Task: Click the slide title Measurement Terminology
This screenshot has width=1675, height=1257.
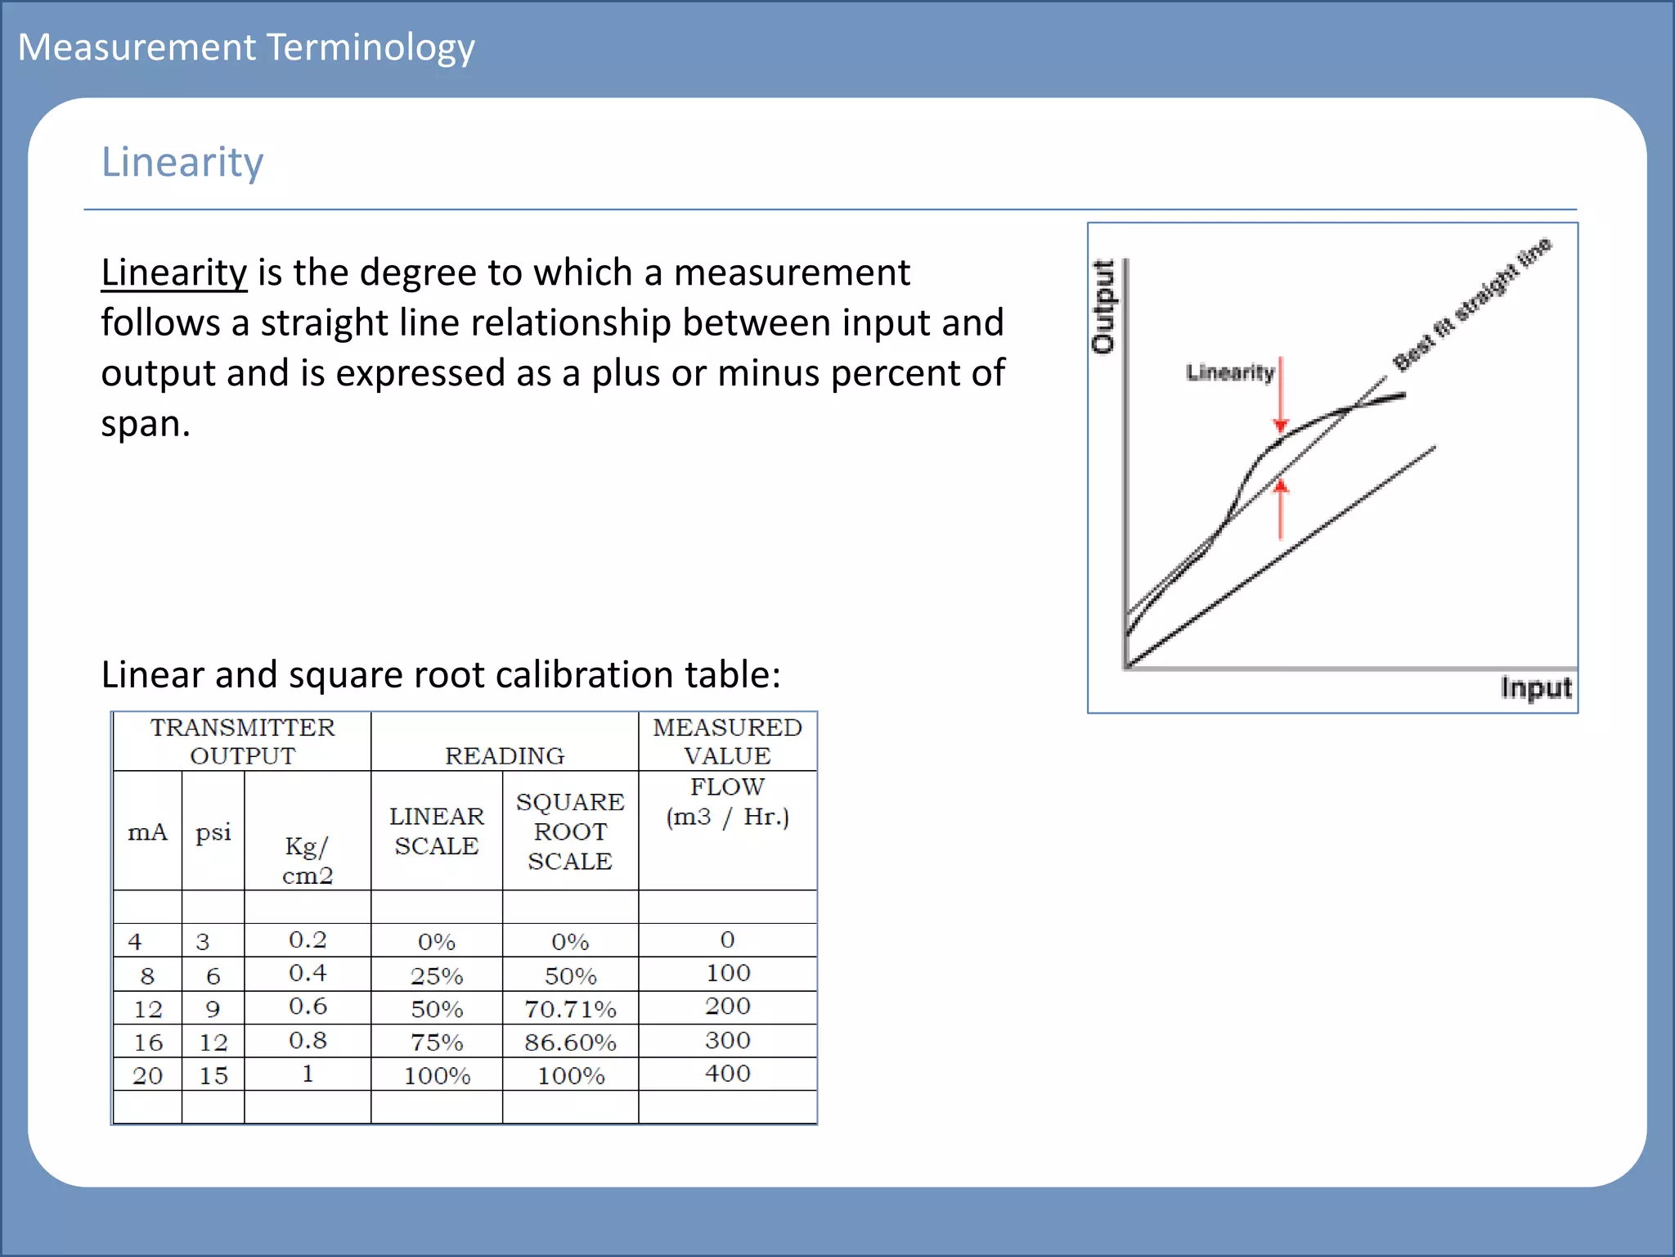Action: pyautogui.click(x=246, y=47)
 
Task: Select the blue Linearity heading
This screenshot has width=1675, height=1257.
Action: pyautogui.click(x=182, y=162)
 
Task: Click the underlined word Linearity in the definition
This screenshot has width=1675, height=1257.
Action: pyautogui.click(x=173, y=273)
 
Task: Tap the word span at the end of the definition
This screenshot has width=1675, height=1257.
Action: pyautogui.click(x=145, y=424)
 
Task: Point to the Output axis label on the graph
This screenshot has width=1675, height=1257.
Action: pyautogui.click(x=1103, y=307)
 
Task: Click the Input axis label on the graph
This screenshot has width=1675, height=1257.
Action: pyautogui.click(x=1535, y=687)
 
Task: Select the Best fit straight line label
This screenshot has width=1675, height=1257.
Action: pyautogui.click(x=1472, y=304)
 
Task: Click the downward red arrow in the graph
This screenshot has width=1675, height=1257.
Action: pyautogui.click(x=1281, y=396)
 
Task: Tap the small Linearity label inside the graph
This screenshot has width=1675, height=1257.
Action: pyautogui.click(x=1230, y=373)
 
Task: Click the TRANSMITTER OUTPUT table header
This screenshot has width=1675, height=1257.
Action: pyautogui.click(x=242, y=741)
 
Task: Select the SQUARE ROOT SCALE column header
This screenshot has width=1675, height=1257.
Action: pyautogui.click(x=570, y=831)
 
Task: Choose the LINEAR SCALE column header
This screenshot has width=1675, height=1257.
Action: pyautogui.click(x=437, y=831)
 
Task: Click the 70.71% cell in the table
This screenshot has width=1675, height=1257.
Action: pyautogui.click(x=570, y=1009)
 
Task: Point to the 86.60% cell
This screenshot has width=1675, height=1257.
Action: pyautogui.click(x=570, y=1043)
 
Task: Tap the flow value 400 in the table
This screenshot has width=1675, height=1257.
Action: pyautogui.click(x=727, y=1074)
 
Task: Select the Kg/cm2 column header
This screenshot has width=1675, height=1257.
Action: pyautogui.click(x=308, y=860)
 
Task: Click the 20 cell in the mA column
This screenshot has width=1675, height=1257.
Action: pyautogui.click(x=148, y=1075)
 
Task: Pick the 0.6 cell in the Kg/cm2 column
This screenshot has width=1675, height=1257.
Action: pyautogui.click(x=308, y=1007)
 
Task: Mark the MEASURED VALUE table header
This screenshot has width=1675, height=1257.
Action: pyautogui.click(x=727, y=741)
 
